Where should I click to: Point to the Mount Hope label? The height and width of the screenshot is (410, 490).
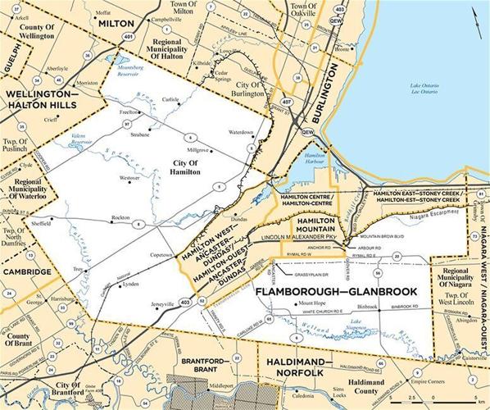[306, 305]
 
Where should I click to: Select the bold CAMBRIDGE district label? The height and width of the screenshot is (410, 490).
[27, 271]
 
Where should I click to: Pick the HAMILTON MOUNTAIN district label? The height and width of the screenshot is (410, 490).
[314, 226]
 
